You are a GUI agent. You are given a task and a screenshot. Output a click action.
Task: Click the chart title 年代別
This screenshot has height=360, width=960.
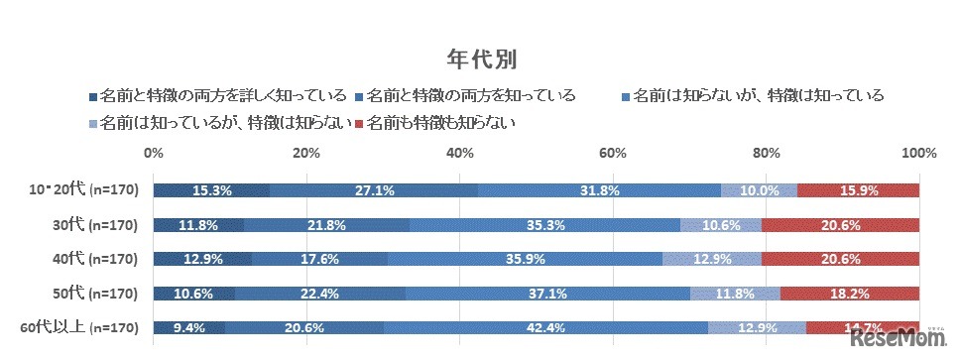click(479, 56)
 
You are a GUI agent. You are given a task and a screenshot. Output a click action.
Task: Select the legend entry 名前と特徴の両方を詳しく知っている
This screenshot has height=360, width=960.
click(217, 96)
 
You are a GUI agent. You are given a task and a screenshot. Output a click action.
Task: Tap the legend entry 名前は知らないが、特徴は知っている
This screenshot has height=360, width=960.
click(751, 96)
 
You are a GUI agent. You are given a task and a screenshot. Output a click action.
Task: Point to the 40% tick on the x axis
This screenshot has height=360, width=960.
click(459, 153)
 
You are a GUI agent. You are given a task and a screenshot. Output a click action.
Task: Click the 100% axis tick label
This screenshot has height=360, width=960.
click(918, 153)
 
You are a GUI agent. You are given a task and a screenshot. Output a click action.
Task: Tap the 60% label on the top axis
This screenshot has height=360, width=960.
click(612, 153)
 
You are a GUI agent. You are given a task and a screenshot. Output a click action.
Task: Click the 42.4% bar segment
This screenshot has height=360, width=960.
click(545, 327)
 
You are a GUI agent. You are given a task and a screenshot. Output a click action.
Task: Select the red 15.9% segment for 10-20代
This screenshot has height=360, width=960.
click(858, 190)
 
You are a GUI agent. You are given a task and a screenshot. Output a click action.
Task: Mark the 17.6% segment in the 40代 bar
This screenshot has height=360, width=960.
click(319, 259)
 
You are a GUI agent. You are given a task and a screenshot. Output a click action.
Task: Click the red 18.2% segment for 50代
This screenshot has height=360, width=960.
click(849, 293)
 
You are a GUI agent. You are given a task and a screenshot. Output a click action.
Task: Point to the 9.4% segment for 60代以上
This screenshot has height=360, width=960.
click(189, 327)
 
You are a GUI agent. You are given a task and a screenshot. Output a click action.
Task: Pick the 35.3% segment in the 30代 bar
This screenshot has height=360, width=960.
click(544, 225)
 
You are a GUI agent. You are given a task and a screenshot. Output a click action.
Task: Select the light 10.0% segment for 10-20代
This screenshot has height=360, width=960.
click(759, 190)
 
